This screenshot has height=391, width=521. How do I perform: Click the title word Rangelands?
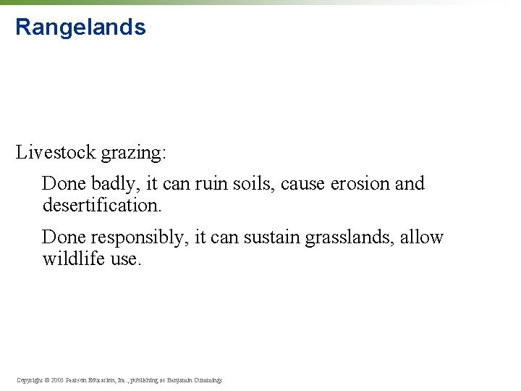click(x=80, y=28)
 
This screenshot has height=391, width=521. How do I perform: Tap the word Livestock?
click(x=56, y=152)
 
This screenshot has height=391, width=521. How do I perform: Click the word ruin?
click(x=216, y=184)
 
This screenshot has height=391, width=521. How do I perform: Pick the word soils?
click(x=253, y=184)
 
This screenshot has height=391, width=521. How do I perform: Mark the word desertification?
click(x=101, y=206)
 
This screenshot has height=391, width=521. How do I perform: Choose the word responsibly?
click(x=135, y=238)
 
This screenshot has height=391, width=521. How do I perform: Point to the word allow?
click(x=422, y=237)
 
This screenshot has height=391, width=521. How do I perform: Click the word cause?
click(x=302, y=184)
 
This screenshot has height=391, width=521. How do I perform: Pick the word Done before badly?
click(x=60, y=184)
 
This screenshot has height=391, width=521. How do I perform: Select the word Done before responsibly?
click(x=60, y=237)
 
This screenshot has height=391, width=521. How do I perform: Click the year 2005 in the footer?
click(x=57, y=380)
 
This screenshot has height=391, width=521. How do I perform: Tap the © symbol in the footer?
click(x=47, y=380)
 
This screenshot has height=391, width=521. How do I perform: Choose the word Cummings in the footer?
click(x=207, y=380)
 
